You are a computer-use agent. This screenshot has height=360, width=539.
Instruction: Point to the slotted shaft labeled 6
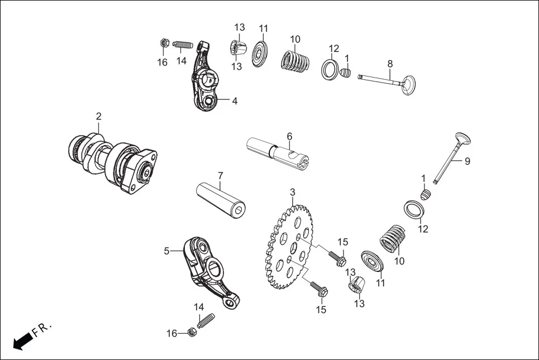(279, 151)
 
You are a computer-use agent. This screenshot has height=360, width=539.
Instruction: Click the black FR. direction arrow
(21, 341)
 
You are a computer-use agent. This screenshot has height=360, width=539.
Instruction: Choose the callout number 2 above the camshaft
(99, 117)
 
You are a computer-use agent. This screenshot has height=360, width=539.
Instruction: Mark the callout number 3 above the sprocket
(292, 193)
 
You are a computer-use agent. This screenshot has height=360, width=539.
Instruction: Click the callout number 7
(221, 176)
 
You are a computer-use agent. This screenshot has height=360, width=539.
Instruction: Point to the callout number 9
(468, 161)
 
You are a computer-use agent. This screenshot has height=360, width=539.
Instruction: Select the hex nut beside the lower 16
(190, 332)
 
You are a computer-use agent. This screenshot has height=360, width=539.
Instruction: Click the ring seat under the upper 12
(330, 70)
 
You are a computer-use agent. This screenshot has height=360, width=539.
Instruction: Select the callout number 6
(289, 136)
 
